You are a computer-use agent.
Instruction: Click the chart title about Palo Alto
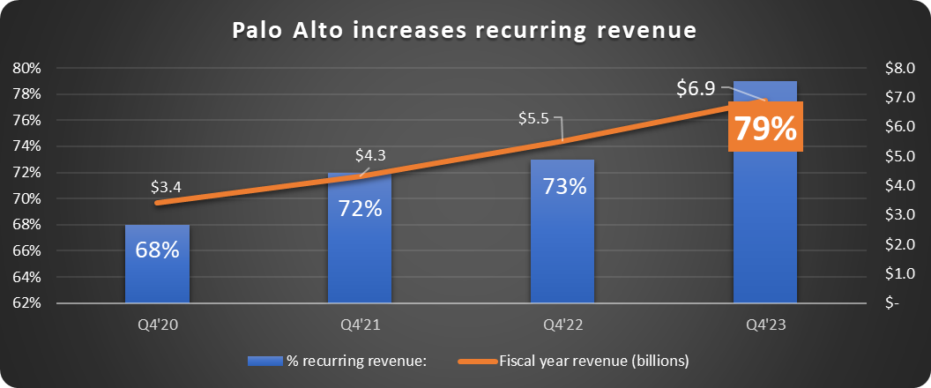click(x=465, y=30)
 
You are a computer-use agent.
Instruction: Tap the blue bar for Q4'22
click(x=562, y=247)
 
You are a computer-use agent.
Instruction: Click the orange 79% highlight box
click(x=765, y=128)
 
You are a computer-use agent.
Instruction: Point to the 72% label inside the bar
click(x=360, y=209)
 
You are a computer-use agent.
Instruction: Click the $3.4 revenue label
click(x=168, y=187)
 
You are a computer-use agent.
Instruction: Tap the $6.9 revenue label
click(x=696, y=88)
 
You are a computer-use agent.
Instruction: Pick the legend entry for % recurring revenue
click(x=338, y=360)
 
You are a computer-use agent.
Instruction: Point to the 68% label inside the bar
click(x=157, y=250)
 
